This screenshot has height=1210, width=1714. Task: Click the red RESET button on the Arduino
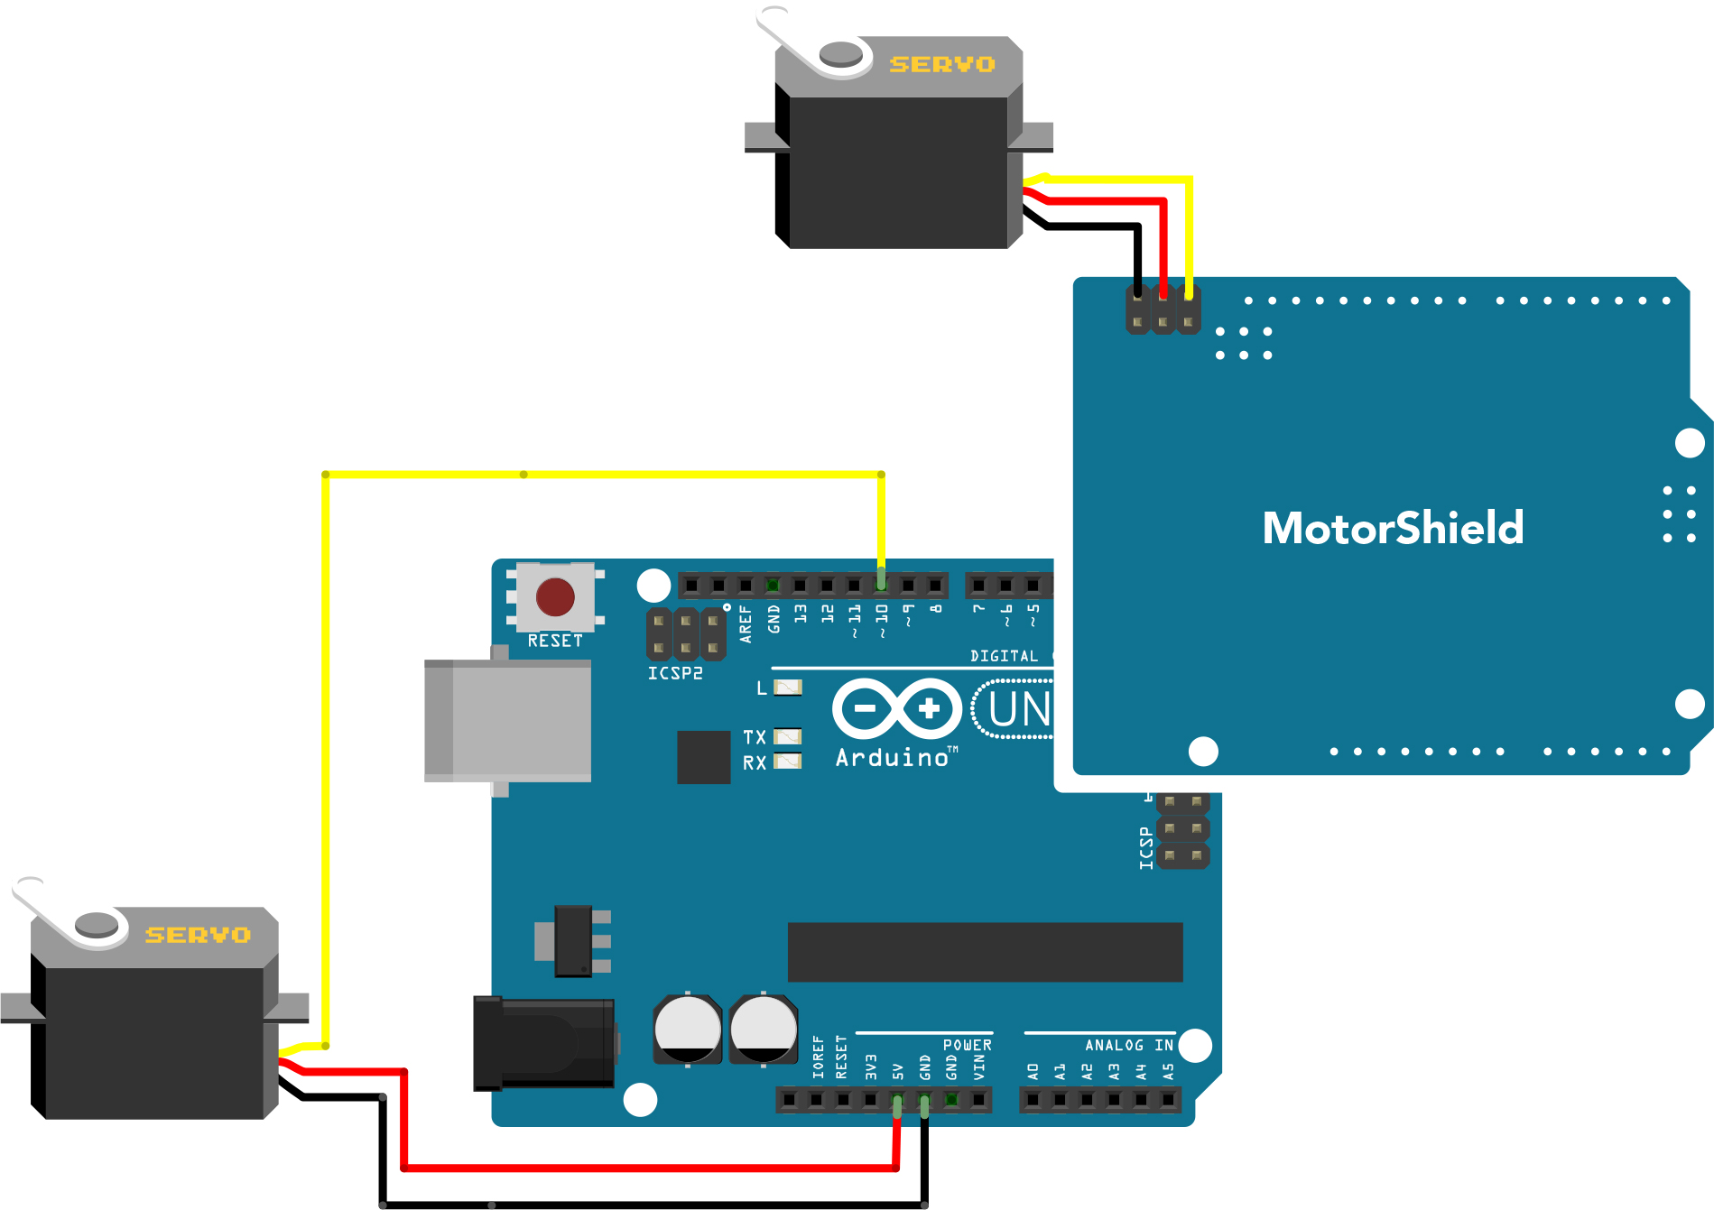[555, 596]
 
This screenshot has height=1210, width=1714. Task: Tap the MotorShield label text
[1393, 529]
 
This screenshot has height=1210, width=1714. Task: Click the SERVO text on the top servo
[942, 64]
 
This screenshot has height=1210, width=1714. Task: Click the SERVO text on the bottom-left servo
[198, 935]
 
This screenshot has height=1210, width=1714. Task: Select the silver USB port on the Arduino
[508, 720]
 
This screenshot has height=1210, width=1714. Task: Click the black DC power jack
[543, 1043]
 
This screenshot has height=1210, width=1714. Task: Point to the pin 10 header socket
[881, 586]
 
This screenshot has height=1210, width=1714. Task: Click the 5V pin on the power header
[897, 1100]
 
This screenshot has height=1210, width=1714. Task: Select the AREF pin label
[746, 623]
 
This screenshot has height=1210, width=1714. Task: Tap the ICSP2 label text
[674, 673]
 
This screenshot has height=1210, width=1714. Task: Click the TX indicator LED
[788, 736]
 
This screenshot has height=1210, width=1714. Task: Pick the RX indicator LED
[788, 761]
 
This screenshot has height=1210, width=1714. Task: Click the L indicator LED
[788, 688]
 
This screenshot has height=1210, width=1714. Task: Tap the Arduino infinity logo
[896, 708]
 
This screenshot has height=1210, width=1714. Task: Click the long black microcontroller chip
[985, 952]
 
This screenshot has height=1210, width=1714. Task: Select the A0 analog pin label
[1033, 1071]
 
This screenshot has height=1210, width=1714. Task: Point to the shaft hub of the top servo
[841, 54]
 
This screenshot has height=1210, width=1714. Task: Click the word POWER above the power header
[967, 1045]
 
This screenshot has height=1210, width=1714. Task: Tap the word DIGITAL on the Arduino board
[1004, 656]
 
